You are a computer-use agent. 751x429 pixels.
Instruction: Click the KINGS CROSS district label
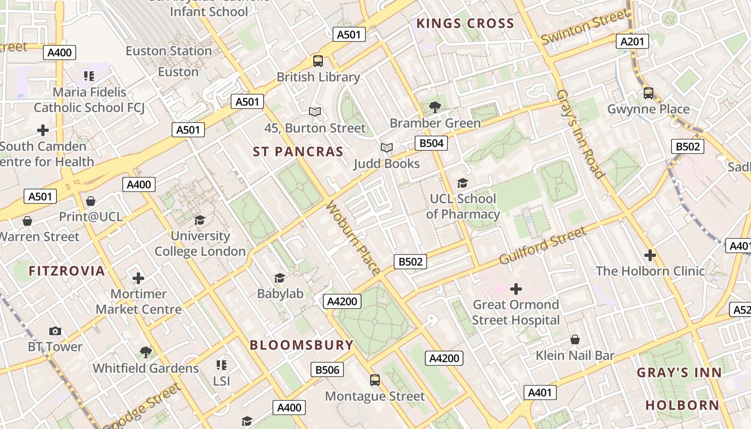point(465,24)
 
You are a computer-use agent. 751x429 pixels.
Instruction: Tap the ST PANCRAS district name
point(298,152)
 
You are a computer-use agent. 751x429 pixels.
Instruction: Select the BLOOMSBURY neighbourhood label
point(301,345)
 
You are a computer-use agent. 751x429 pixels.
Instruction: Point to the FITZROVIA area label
point(67,271)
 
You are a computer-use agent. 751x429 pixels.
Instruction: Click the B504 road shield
point(431,143)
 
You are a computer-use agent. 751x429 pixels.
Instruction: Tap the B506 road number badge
point(327,369)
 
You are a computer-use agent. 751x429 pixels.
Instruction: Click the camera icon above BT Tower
point(55,331)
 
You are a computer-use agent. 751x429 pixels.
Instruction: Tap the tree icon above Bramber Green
point(435,107)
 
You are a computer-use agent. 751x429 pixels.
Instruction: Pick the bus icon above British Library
point(318,61)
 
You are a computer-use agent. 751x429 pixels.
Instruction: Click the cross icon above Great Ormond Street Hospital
point(516,289)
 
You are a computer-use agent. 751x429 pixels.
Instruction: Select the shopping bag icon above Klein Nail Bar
point(575,339)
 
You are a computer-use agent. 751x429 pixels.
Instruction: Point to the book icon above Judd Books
point(386,147)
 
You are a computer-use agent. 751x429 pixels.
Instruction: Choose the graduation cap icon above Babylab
point(279,277)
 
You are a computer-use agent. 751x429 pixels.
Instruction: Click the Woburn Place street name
point(354,238)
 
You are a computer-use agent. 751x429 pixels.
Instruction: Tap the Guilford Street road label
point(542,246)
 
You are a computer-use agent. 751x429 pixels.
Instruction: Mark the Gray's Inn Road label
point(580,134)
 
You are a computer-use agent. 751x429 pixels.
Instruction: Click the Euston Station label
point(168,51)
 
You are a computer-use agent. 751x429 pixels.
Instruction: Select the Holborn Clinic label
point(650,271)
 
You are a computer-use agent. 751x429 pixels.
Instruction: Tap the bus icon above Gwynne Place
point(648,93)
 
